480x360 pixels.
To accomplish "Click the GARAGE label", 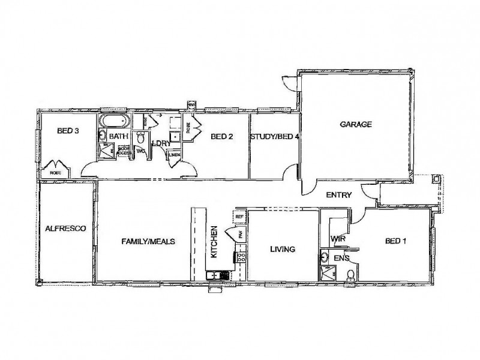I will click(356, 125).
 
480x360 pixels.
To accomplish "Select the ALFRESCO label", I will click(66, 229).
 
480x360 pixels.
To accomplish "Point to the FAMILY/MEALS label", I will click(148, 241).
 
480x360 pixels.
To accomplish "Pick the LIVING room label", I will click(282, 249).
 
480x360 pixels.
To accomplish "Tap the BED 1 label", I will click(395, 241).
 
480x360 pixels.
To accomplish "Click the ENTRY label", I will click(338, 195).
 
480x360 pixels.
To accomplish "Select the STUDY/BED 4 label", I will click(275, 137).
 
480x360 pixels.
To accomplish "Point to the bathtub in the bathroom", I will click(115, 121).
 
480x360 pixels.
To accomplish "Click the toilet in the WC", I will click(140, 139).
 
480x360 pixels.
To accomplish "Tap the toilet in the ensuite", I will click(351, 275).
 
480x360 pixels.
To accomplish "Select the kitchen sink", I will click(214, 276).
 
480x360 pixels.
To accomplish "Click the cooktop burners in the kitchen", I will click(241, 259).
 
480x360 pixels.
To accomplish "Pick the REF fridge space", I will click(239, 217).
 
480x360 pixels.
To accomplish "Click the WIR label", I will click(337, 239).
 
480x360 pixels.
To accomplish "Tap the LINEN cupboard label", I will click(175, 155).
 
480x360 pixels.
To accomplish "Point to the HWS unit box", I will click(192, 104).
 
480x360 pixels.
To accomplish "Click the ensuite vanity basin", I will click(325, 259).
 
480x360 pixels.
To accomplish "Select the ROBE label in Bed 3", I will click(55, 173).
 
